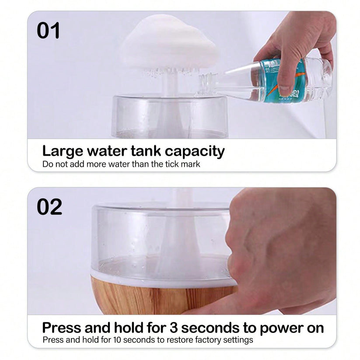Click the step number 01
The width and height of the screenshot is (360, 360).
click(x=48, y=31)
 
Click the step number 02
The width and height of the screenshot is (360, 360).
click(x=49, y=207)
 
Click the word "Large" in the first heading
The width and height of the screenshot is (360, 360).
click(x=63, y=151)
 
